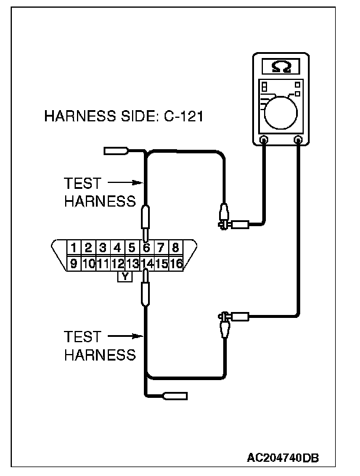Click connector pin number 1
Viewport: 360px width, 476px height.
(x=73, y=247)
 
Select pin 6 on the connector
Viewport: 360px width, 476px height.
(x=146, y=247)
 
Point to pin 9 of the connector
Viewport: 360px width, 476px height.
(x=73, y=263)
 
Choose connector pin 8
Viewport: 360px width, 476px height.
(x=175, y=247)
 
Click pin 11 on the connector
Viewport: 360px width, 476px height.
(x=102, y=263)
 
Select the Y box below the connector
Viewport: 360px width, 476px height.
(x=125, y=276)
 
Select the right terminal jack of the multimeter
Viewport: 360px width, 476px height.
(x=299, y=140)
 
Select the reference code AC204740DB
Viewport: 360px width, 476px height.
(x=284, y=457)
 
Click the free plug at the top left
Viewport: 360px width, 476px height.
(x=115, y=151)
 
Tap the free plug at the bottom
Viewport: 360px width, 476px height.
(x=176, y=395)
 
